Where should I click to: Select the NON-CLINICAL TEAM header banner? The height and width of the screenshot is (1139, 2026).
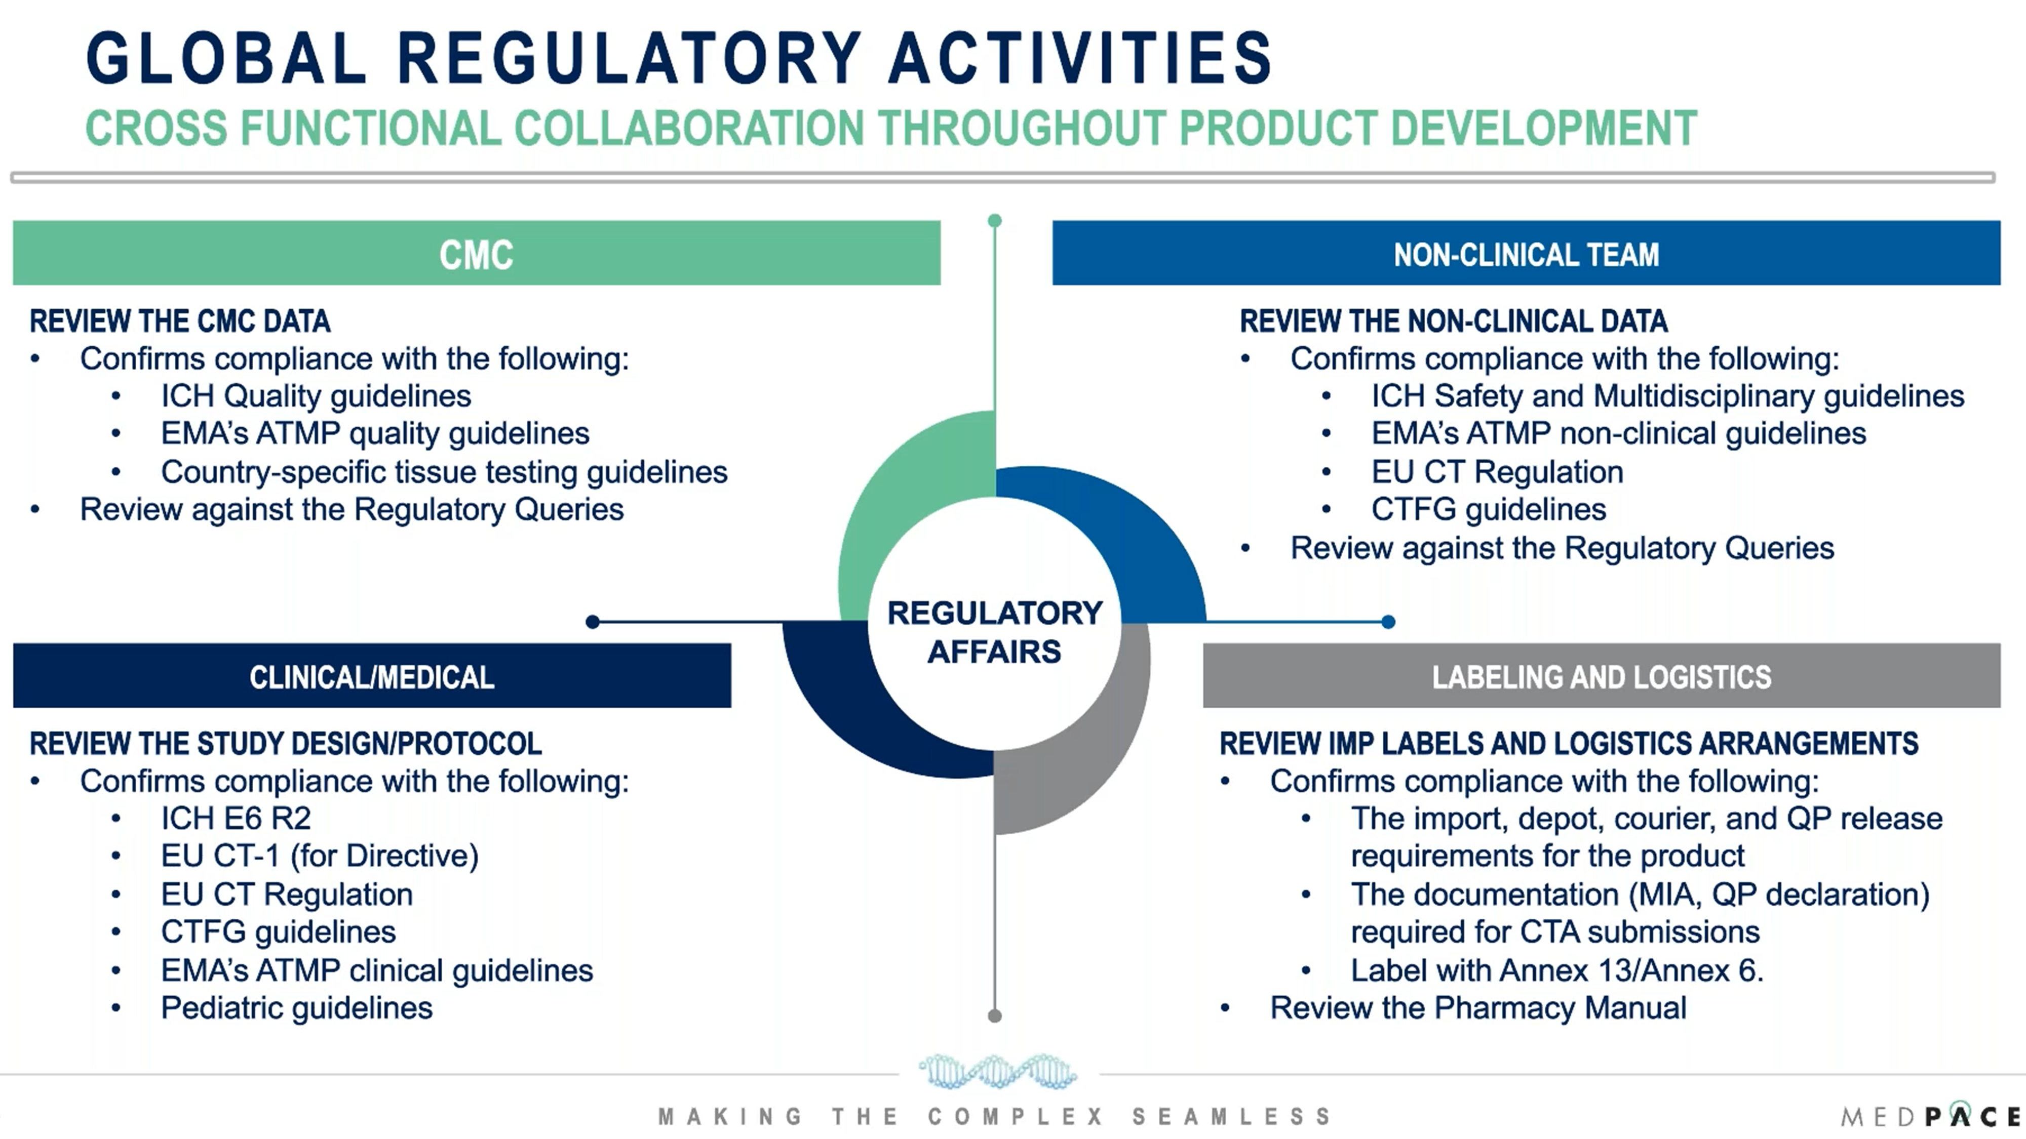[x=1526, y=253]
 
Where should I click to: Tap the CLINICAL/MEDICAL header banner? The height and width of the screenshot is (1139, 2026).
[x=372, y=676]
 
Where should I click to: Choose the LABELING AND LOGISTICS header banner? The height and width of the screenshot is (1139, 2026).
[x=1601, y=676]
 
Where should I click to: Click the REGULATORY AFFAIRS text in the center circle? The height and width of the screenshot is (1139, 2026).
[x=995, y=632]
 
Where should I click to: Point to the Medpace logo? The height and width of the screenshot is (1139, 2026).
[x=1931, y=1115]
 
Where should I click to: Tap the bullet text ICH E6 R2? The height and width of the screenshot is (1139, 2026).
[x=236, y=818]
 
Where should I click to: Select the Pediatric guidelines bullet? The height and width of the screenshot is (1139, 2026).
[x=296, y=1008]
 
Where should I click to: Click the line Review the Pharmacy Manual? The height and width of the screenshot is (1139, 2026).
[x=1478, y=1008]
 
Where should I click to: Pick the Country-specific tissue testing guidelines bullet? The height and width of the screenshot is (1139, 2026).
[x=444, y=472]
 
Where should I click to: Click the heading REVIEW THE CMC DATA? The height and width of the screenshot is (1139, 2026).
[x=180, y=321]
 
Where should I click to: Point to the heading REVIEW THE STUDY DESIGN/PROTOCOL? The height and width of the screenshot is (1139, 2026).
[x=286, y=744]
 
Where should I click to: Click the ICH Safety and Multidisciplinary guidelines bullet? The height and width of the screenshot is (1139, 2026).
[x=1667, y=396]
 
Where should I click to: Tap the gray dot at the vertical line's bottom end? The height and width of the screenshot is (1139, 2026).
[x=995, y=1015]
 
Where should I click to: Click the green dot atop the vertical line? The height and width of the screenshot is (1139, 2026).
[x=995, y=221]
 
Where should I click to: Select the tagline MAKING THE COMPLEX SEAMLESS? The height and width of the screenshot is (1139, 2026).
[x=995, y=1116]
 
